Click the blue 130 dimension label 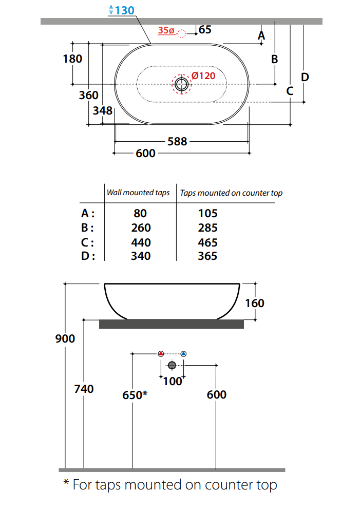[122, 10]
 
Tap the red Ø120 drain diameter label [203, 76]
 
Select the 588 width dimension [177, 141]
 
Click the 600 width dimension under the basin [145, 154]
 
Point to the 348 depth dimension [103, 110]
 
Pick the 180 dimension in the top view [72, 59]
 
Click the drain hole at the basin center [181, 84]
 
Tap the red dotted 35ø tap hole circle [181, 34]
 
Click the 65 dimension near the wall [205, 30]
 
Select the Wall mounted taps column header [138, 193]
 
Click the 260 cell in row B [141, 228]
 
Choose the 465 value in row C [207, 242]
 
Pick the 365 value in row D [207, 256]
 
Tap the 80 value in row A [140, 213]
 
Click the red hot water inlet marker [161, 354]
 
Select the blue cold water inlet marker [183, 354]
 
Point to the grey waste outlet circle [172, 365]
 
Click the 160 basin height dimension [255, 303]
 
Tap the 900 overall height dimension [65, 338]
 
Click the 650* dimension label [135, 395]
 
